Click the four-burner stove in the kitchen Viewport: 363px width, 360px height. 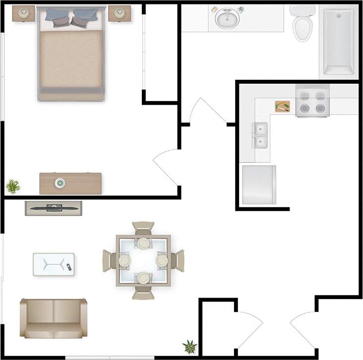pyautogui.click(x=312, y=101)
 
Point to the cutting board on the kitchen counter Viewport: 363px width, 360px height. pyautogui.click(x=282, y=107)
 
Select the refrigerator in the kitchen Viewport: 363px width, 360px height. pyautogui.click(x=259, y=185)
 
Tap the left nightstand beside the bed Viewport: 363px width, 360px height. pyautogui.click(x=23, y=14)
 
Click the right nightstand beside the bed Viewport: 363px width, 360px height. pyautogui.click(x=119, y=13)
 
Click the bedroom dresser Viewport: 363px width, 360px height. pyautogui.click(x=70, y=183)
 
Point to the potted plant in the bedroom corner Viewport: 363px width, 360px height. pyautogui.click(x=13, y=186)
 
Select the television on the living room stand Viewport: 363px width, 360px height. pyautogui.click(x=54, y=208)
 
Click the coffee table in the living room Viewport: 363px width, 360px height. pyautogui.click(x=54, y=264)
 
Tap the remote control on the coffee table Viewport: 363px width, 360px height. pyautogui.click(x=69, y=268)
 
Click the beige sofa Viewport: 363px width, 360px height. pyautogui.click(x=53, y=317)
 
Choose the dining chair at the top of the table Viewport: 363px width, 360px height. pyautogui.click(x=144, y=229)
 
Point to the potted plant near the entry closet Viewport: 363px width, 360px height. pyautogui.click(x=189, y=346)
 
